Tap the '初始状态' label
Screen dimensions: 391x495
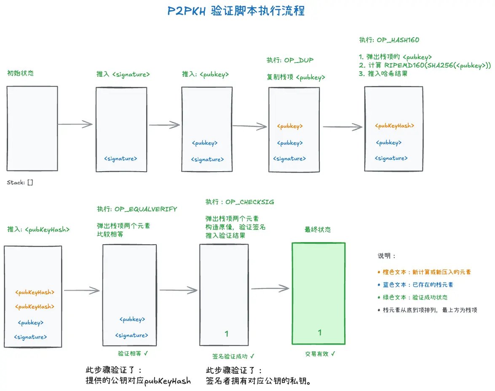coord(20,73)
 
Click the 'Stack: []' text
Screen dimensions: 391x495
coord(20,183)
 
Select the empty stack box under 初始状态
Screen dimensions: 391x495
coord(32,128)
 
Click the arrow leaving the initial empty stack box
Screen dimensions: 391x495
coord(75,124)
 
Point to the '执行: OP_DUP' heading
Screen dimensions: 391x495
coord(290,60)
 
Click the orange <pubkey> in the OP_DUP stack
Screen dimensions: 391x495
coord(290,126)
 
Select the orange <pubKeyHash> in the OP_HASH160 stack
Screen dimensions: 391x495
coord(394,126)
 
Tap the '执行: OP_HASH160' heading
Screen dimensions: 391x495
coord(389,40)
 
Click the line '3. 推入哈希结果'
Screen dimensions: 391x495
coord(383,73)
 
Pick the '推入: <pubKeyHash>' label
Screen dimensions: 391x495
coord(38,229)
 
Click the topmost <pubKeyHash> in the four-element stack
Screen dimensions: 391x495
coord(35,292)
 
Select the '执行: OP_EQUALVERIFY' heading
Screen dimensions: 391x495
coord(137,209)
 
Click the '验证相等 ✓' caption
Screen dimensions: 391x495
coord(133,353)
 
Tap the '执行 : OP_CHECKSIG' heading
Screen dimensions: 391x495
coord(240,202)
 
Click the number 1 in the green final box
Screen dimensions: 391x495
coord(319,333)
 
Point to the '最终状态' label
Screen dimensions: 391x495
coord(318,230)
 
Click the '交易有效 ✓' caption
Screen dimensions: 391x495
coord(320,354)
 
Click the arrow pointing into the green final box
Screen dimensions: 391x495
coord(270,289)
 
